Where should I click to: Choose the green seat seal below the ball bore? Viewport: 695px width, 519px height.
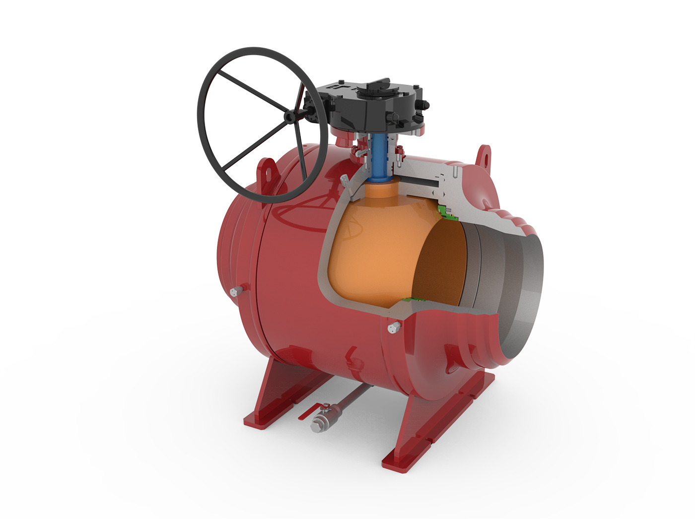pyautogui.click(x=415, y=299)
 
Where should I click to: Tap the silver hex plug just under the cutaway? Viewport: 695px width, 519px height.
pyautogui.click(x=393, y=327)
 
